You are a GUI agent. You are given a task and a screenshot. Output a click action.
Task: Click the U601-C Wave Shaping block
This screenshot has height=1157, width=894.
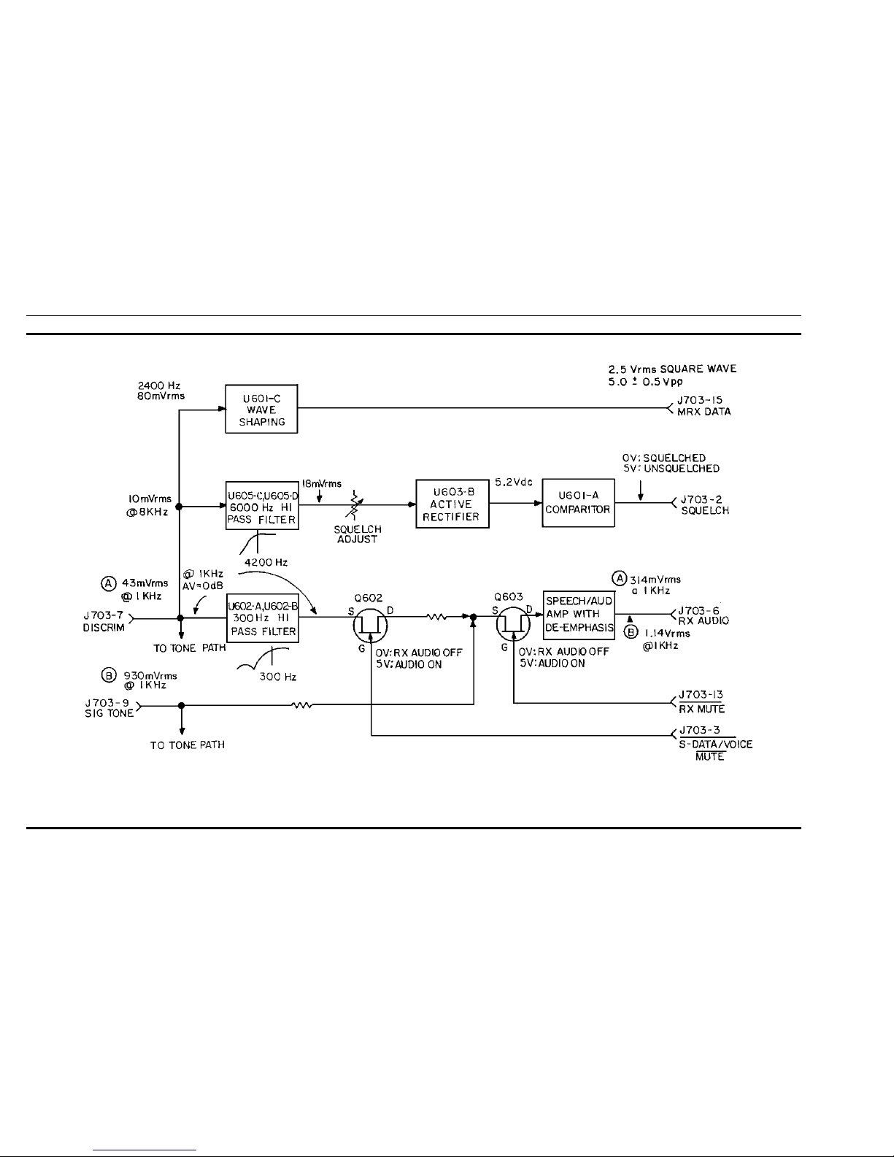[261, 409]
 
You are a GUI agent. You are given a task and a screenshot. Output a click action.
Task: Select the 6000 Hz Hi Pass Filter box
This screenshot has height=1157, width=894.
[262, 505]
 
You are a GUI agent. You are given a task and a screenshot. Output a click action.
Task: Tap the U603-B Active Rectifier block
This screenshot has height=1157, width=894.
[452, 504]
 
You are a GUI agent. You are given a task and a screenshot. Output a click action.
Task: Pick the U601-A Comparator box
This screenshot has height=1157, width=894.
[579, 503]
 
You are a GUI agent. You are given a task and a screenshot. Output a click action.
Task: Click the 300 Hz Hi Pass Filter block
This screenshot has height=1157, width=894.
[262, 618]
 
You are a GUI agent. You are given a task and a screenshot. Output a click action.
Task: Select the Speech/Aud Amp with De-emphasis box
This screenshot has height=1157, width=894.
[579, 615]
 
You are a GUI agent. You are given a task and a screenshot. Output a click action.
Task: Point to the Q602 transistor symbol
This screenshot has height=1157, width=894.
[371, 626]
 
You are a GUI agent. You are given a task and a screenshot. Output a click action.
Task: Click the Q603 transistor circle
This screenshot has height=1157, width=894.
[513, 624]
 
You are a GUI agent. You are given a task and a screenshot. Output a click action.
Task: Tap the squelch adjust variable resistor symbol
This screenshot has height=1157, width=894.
[354, 504]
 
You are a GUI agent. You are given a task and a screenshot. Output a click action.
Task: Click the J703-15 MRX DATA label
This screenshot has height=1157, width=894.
[704, 406]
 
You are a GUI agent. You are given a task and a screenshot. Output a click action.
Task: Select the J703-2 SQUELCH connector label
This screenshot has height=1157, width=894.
[705, 504]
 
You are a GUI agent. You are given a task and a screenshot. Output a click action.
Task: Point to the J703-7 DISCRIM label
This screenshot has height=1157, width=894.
[104, 621]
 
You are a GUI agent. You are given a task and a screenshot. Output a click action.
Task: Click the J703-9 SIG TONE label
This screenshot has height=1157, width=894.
[109, 708]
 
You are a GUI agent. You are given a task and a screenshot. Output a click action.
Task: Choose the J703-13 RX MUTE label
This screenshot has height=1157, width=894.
[701, 701]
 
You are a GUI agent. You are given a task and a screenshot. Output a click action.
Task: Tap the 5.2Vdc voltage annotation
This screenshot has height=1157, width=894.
[514, 482]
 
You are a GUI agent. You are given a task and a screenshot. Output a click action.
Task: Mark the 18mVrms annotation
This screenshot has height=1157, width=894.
[321, 483]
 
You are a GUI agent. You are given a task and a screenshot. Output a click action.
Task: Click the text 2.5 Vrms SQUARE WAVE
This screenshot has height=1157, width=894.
[673, 369]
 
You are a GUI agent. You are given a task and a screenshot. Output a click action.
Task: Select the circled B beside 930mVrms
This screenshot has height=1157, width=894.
[109, 676]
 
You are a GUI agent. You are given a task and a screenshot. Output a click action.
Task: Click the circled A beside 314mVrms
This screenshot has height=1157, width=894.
[619, 578]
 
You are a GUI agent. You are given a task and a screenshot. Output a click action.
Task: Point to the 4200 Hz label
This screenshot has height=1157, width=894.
[266, 562]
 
